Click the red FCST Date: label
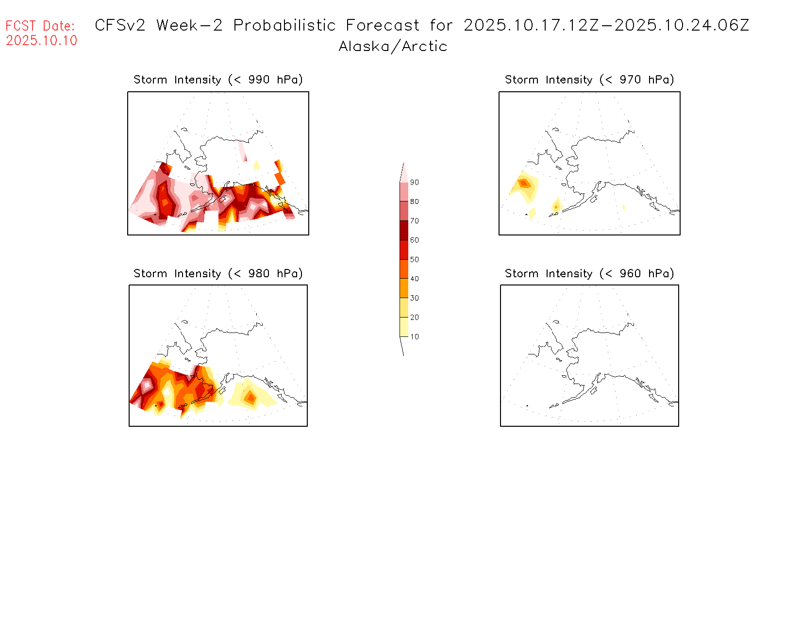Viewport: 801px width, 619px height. coord(40,26)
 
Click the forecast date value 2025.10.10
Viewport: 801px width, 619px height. coord(42,40)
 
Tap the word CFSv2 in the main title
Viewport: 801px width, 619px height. coord(120,25)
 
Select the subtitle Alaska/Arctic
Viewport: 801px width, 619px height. coord(393,47)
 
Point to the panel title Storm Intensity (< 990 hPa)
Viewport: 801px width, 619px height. coord(218,80)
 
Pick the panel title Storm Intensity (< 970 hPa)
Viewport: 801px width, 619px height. coord(589,80)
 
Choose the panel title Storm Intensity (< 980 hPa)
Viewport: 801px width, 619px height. coord(218,273)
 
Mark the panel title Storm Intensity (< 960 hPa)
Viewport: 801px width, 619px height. coord(589,273)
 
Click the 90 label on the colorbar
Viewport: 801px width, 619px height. coord(414,183)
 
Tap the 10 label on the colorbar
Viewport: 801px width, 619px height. coord(414,336)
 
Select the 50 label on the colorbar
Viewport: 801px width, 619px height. coord(414,259)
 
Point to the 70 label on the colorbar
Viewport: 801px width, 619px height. coord(414,221)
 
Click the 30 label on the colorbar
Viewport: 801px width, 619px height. coord(414,298)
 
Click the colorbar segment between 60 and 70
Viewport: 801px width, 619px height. coord(404,230)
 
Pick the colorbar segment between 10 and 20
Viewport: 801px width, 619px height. coord(404,327)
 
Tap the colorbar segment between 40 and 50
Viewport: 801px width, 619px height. coord(404,269)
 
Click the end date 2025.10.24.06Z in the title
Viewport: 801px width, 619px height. coord(682,25)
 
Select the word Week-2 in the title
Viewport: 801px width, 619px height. coord(189,25)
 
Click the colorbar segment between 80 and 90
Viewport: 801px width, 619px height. coord(404,192)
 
